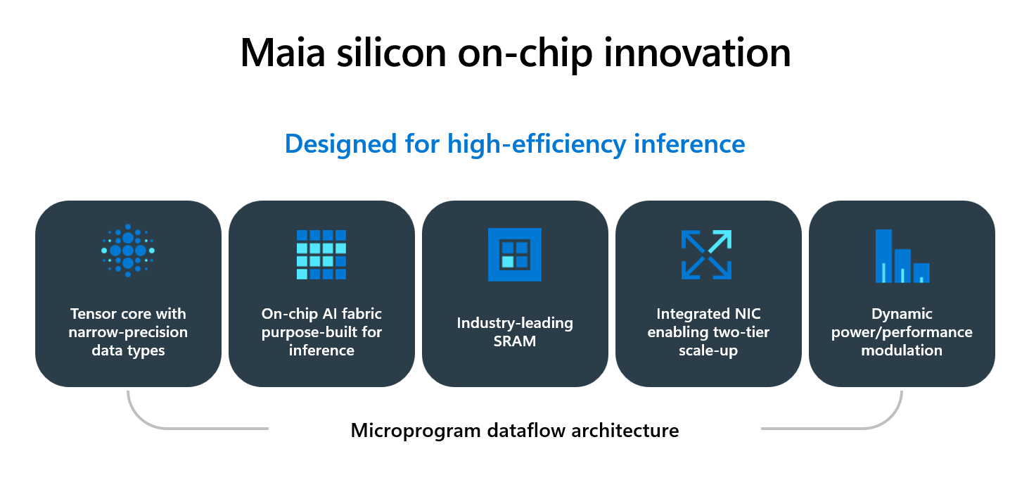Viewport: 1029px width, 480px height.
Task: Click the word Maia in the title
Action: click(283, 52)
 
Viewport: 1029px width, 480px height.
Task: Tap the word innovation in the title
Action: click(697, 52)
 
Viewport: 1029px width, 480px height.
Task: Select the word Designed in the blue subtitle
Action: click(340, 144)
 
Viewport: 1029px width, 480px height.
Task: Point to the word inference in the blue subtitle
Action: click(689, 144)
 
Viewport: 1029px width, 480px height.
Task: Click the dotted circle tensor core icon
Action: click(128, 251)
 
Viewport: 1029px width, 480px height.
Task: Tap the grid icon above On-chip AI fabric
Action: click(321, 254)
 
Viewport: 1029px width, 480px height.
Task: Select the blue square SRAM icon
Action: click(515, 254)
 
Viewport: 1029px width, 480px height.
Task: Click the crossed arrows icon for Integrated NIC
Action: click(707, 254)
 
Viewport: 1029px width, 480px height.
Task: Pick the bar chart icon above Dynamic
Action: click(902, 255)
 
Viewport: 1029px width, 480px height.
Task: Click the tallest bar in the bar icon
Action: click(883, 255)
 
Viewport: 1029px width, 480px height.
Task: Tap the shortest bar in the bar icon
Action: click(921, 272)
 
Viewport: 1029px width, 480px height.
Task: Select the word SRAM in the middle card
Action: click(515, 341)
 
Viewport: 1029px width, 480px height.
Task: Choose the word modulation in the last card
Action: click(902, 350)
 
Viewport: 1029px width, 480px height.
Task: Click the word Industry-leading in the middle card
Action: click(515, 324)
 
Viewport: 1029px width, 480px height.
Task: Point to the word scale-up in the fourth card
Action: click(708, 351)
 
